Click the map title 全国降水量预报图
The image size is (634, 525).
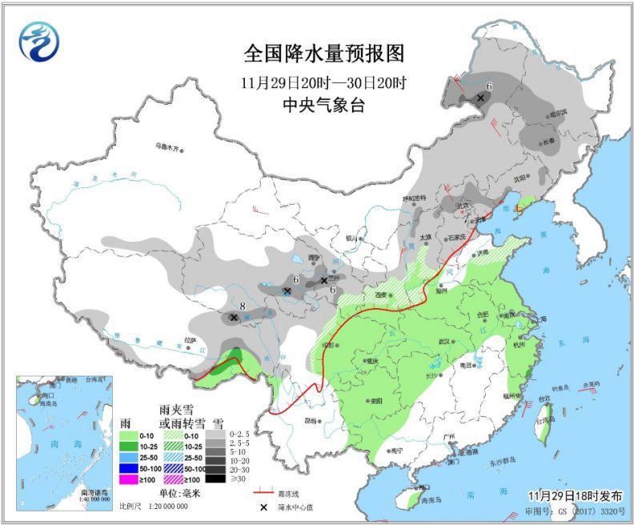324,54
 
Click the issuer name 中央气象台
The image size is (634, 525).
324,105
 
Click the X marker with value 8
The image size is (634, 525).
234,318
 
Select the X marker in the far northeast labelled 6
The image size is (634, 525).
480,98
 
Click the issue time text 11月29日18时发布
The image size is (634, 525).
575,496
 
